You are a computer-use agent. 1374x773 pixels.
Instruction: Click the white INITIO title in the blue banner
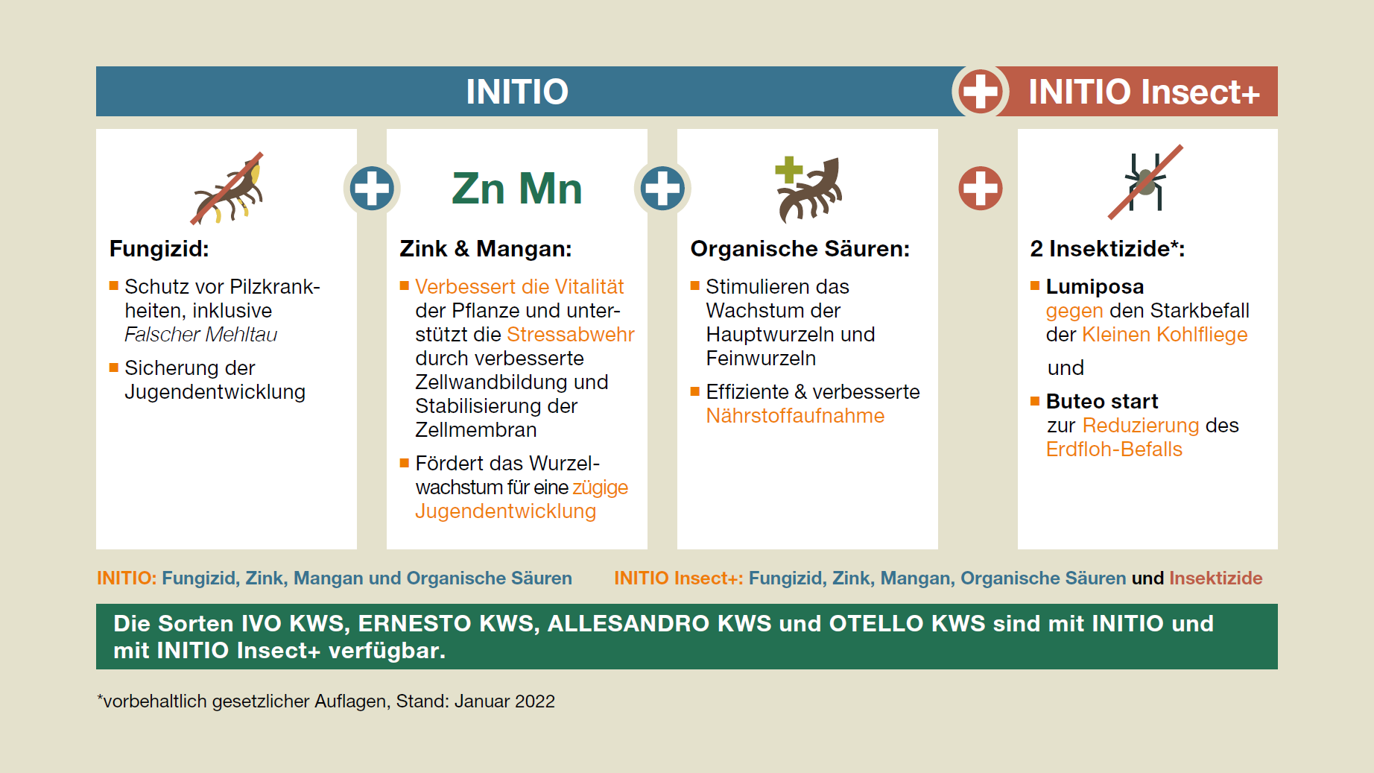click(517, 92)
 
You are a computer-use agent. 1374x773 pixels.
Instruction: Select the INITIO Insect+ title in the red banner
click(1144, 92)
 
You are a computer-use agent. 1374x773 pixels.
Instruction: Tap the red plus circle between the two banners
click(980, 91)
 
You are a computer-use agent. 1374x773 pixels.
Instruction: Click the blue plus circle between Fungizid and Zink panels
click(372, 188)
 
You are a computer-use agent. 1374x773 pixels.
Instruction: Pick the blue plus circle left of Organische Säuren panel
click(662, 188)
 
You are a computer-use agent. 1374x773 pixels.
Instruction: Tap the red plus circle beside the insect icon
click(980, 188)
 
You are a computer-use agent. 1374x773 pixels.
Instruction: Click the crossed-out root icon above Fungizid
click(227, 188)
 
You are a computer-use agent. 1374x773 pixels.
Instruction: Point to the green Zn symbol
click(478, 189)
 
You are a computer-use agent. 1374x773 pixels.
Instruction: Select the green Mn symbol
click(550, 189)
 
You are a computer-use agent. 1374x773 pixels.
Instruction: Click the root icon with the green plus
click(809, 189)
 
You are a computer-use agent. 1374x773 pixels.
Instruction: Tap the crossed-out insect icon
click(1146, 182)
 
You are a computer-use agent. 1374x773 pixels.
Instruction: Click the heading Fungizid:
click(159, 248)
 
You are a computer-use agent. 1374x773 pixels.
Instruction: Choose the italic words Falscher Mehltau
click(201, 334)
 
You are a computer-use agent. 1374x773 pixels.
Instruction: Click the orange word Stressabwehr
click(571, 334)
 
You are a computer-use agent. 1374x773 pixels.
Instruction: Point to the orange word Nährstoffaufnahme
click(795, 415)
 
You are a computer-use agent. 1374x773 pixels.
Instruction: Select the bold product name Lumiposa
click(1095, 286)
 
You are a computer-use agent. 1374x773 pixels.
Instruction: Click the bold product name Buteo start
click(1102, 401)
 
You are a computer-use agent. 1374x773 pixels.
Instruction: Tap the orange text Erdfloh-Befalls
click(1114, 449)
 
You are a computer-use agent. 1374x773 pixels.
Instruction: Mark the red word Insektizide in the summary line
click(1216, 578)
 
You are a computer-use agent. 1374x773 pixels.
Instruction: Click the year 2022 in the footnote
click(534, 701)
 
